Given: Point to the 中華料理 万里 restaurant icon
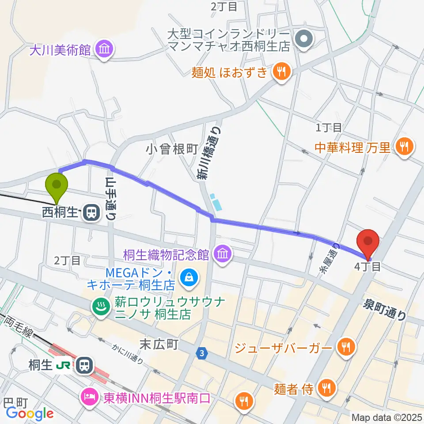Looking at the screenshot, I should point(404,146).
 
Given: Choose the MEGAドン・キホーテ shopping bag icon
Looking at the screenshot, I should point(189,278).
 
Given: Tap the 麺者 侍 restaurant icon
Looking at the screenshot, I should point(326,388).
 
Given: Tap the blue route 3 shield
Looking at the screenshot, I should point(202,353).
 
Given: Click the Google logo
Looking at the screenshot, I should point(30,413).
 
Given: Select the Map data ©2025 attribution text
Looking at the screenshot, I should point(386,417).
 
